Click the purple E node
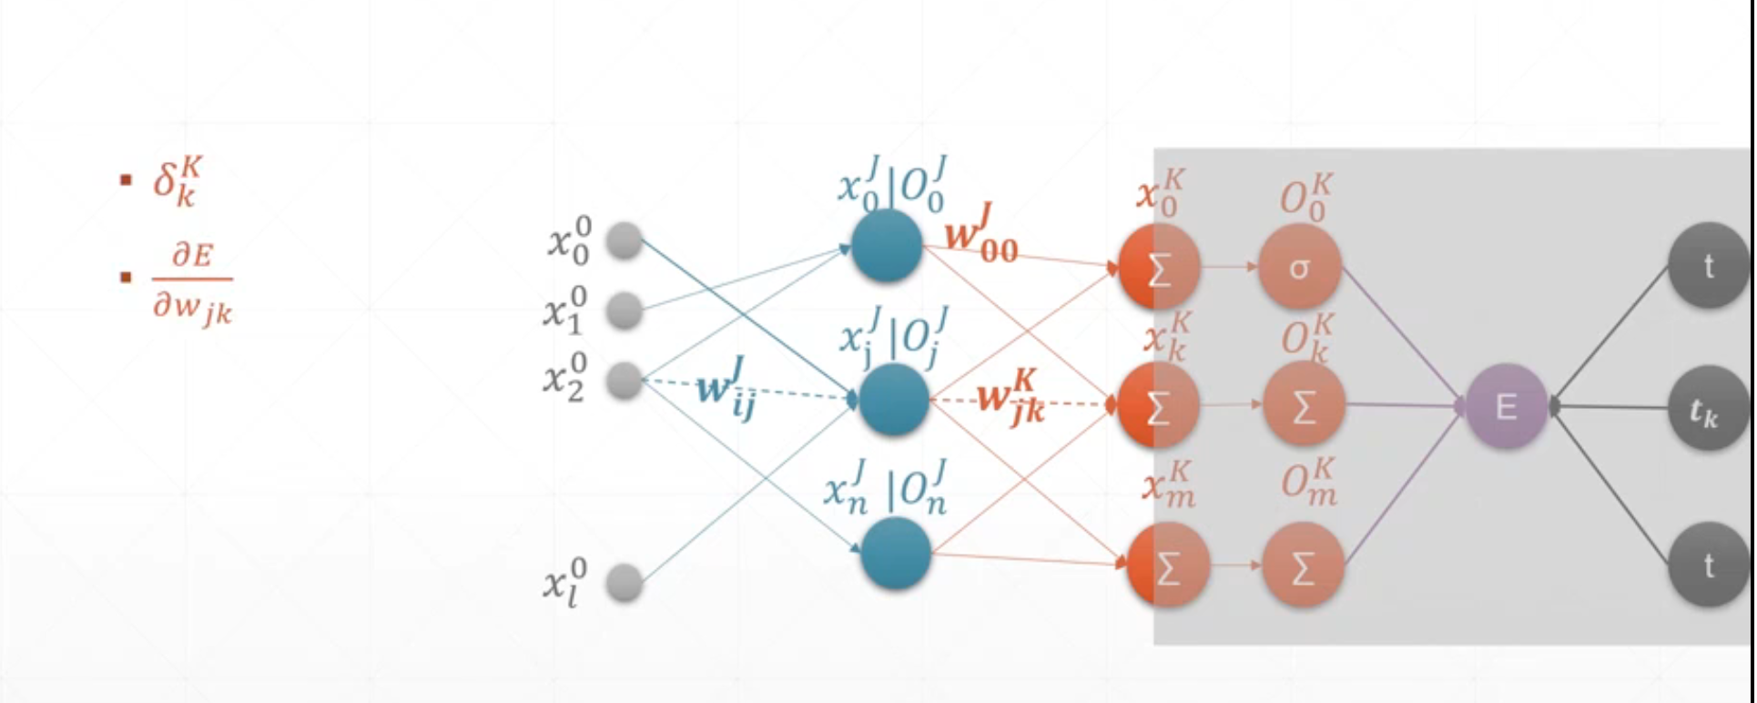[x=1506, y=406]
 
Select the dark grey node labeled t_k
[x=1707, y=409]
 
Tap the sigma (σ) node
[x=1299, y=267]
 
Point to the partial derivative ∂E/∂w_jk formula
[x=192, y=282]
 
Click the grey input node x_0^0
[x=625, y=240]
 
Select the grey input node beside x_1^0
[x=625, y=311]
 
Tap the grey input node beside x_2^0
[x=625, y=380]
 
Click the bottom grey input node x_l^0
[x=625, y=583]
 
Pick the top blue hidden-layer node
[x=887, y=246]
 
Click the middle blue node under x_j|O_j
[x=893, y=400]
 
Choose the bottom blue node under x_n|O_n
[x=895, y=554]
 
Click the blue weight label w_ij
[x=726, y=391]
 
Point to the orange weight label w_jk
[x=1011, y=398]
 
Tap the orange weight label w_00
[x=980, y=235]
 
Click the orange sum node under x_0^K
[x=1158, y=269]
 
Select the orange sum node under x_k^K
[x=1158, y=407]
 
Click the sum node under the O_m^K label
[x=1303, y=566]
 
